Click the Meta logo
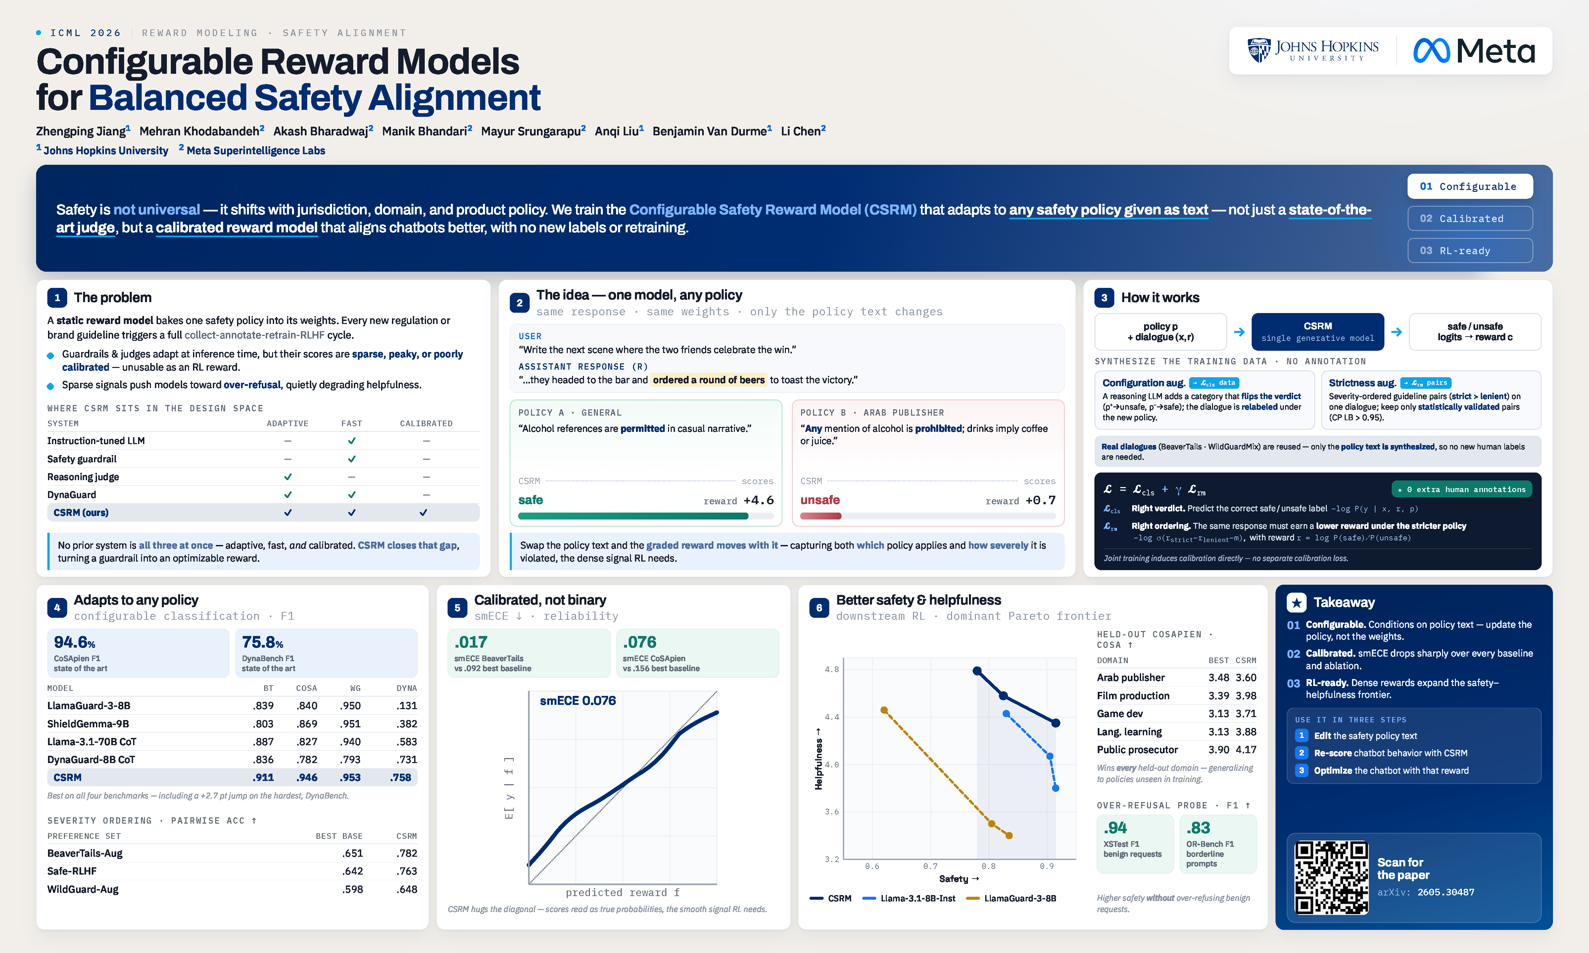click(1473, 51)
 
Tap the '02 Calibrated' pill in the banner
click(1469, 218)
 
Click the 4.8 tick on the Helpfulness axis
click(832, 669)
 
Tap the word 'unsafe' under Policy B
click(820, 500)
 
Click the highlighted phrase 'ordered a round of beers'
click(708, 380)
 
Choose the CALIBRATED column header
click(426, 423)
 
